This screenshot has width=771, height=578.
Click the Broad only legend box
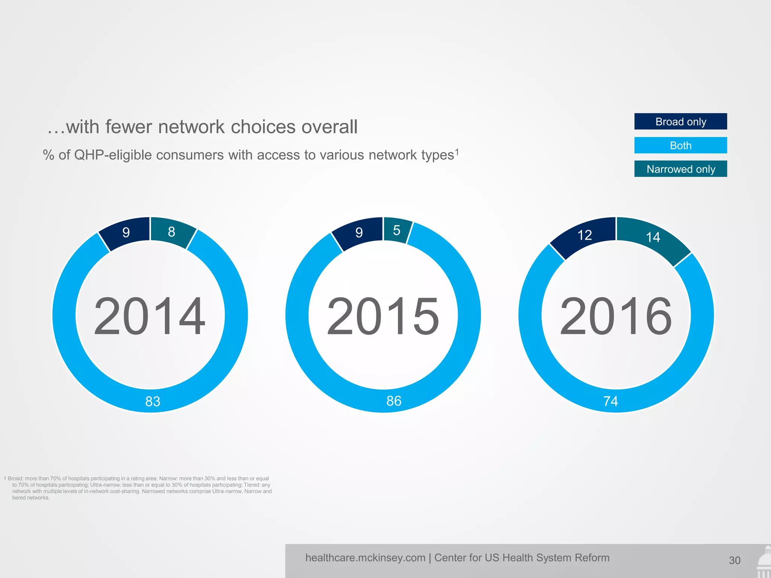(x=680, y=122)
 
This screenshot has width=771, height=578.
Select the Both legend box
(x=680, y=145)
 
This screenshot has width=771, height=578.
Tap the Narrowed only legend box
(x=680, y=169)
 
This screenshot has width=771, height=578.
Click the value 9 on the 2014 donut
(x=126, y=233)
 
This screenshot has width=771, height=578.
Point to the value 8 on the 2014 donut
(x=171, y=232)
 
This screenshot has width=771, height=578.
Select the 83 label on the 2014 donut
(x=153, y=402)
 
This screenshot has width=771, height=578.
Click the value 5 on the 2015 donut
(x=396, y=230)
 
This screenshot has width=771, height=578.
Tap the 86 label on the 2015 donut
(x=394, y=401)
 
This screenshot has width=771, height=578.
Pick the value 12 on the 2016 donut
(x=585, y=235)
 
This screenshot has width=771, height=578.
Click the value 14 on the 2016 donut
(x=653, y=237)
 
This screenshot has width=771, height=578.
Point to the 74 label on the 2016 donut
(x=611, y=402)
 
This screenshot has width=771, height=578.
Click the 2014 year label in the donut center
(x=149, y=316)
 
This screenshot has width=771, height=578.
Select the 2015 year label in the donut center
(x=383, y=316)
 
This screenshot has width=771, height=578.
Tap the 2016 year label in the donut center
(x=616, y=316)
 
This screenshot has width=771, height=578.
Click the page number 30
(x=734, y=561)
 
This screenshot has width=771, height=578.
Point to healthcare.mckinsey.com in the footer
(x=365, y=558)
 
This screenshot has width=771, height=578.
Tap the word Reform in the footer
(x=592, y=558)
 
